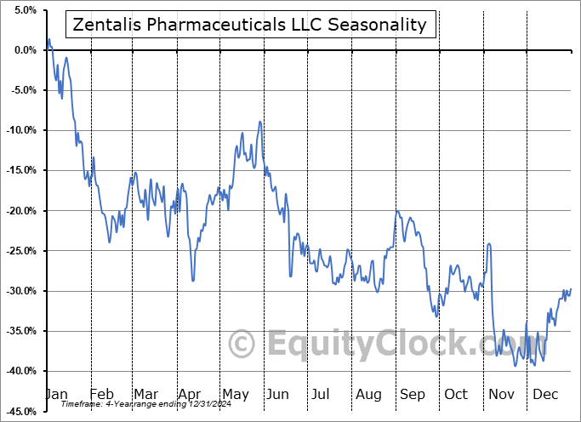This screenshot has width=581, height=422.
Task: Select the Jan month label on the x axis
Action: click(x=57, y=395)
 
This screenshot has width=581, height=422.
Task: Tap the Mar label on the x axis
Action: click(x=145, y=395)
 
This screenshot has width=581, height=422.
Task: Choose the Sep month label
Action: click(x=413, y=395)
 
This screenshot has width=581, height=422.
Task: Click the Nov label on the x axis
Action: click(x=502, y=395)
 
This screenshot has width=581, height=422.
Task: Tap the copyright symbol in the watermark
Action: click(x=242, y=345)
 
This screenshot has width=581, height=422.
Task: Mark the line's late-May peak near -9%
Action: click(x=259, y=123)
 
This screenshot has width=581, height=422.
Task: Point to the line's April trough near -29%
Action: click(x=193, y=280)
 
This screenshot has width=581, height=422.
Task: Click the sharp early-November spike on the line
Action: click(x=489, y=244)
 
